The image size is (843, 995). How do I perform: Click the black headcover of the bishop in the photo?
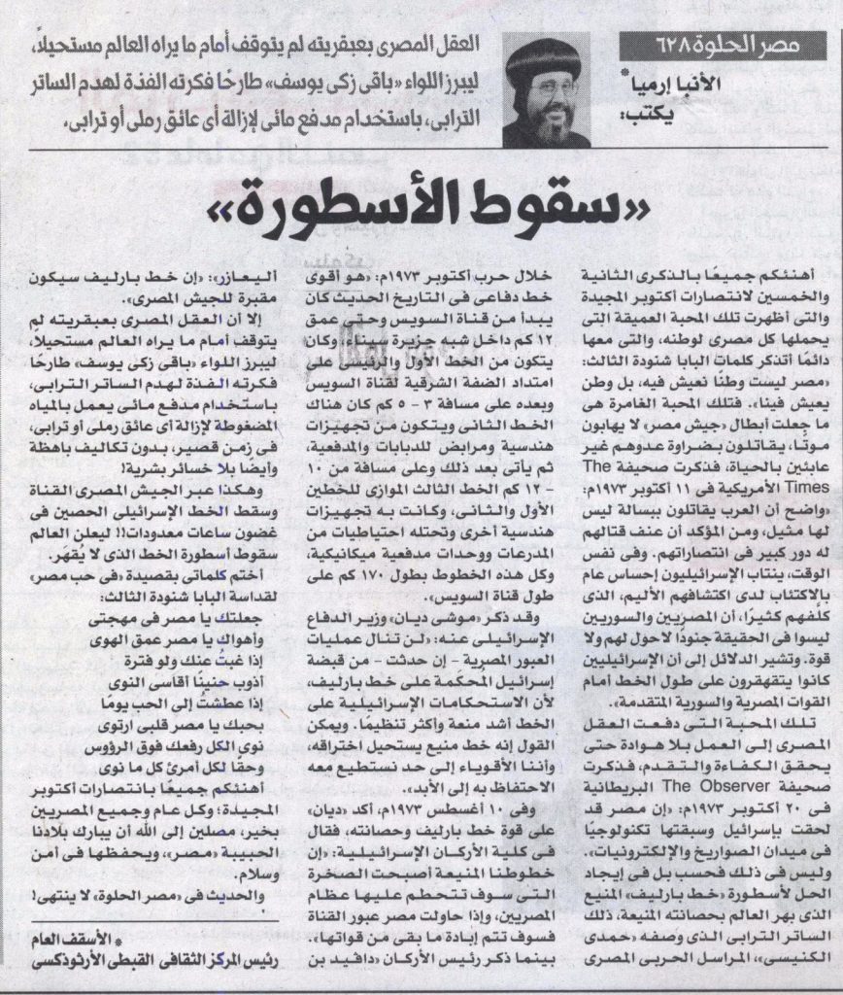pyautogui.click(x=544, y=62)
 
